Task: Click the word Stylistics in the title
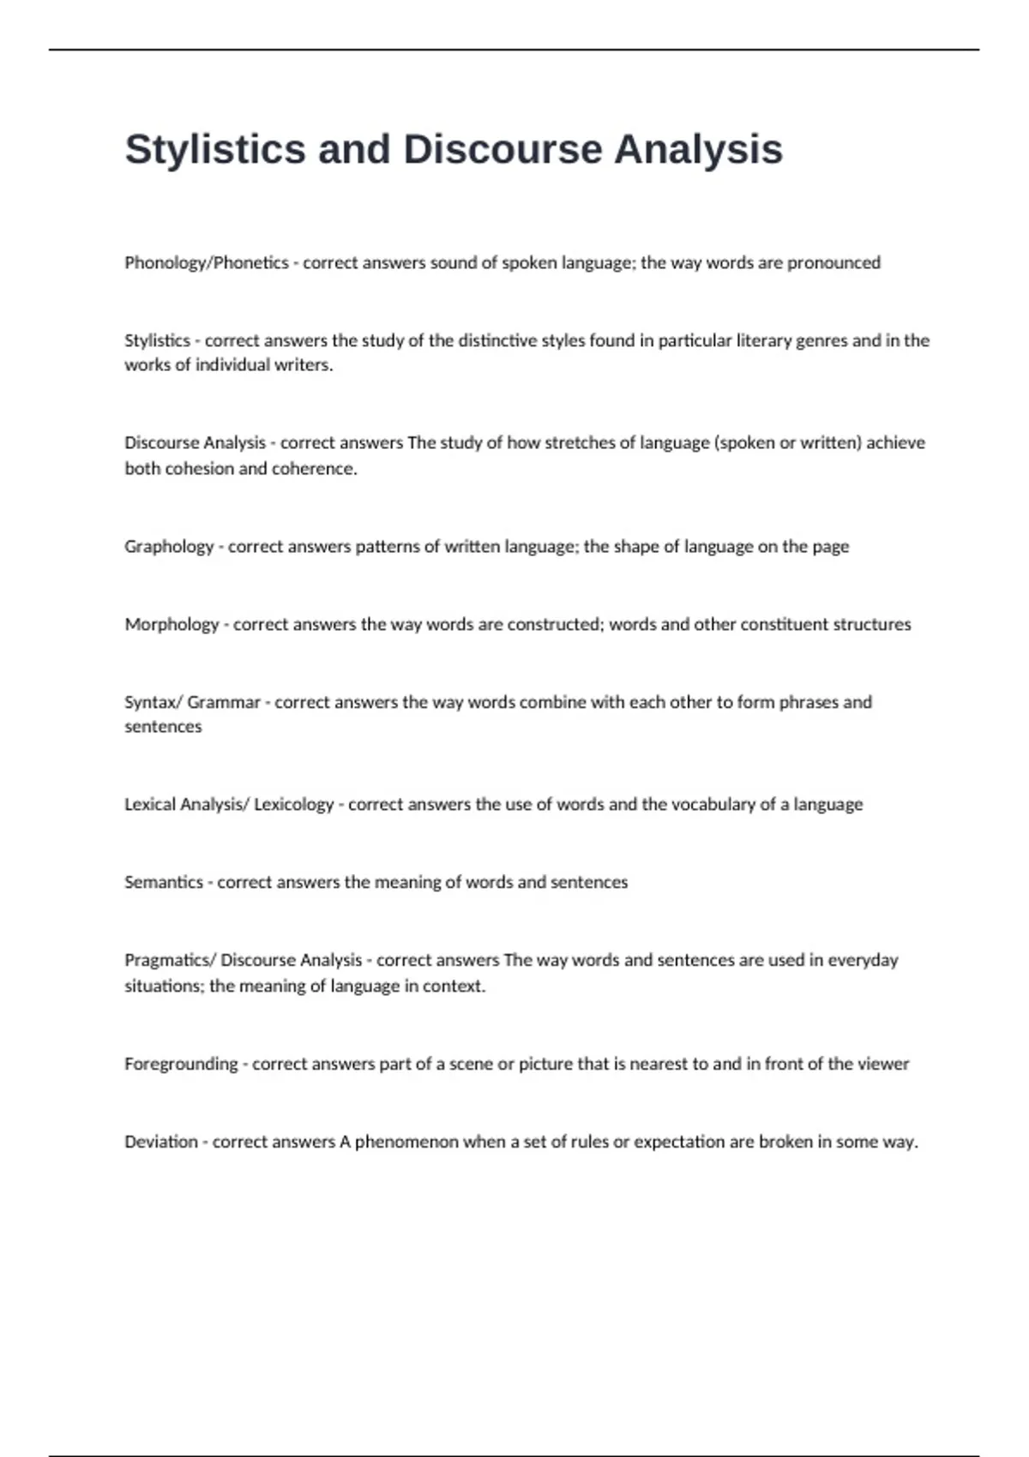pos(215,149)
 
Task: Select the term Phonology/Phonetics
pos(206,263)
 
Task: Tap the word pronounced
pos(833,263)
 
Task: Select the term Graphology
pos(169,547)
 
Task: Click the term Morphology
pos(171,625)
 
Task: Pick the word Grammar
pos(223,703)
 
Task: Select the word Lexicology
pos(293,805)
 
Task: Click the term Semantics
pos(163,883)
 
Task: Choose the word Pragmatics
pos(167,961)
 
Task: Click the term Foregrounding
pos(181,1064)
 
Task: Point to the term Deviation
pos(160,1142)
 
